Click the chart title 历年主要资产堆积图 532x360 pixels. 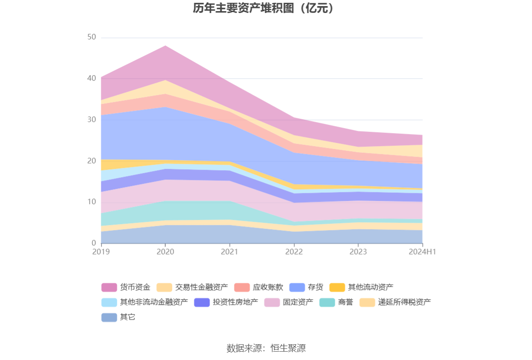263,8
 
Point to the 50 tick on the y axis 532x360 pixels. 91,37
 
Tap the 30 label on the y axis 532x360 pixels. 91,119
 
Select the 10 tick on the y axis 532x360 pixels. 91,202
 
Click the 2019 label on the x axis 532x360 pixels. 101,251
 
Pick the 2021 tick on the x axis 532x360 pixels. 230,251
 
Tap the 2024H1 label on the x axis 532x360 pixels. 423,251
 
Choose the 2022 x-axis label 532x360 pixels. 294,251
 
